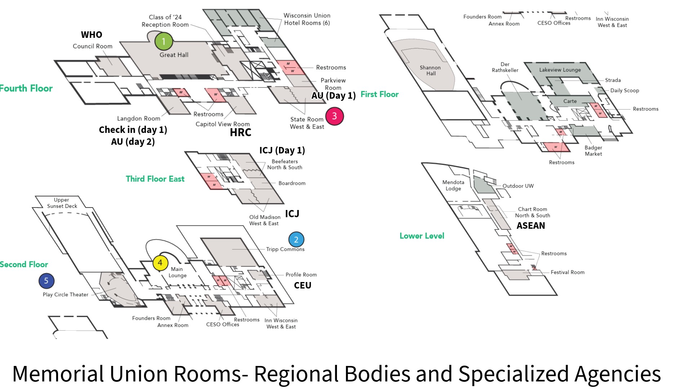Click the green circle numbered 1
coord(164,41)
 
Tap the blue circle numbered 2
coord(296,240)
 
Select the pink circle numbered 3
coord(334,116)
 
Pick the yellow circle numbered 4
coord(160,263)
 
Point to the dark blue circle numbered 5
coord(46,281)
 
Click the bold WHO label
coord(92,35)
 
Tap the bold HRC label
coord(240,133)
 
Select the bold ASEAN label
coord(531,226)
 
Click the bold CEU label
coord(302,286)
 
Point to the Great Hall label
coord(174,55)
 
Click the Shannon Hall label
coord(430,71)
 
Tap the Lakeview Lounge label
coord(560,70)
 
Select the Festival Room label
coord(567,272)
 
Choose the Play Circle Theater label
coord(65,295)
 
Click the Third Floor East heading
coord(155,179)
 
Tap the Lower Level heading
coord(422,236)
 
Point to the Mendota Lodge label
coord(453,185)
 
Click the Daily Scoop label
coord(624,90)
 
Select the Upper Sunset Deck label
coord(62,203)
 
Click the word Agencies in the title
coord(617,374)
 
